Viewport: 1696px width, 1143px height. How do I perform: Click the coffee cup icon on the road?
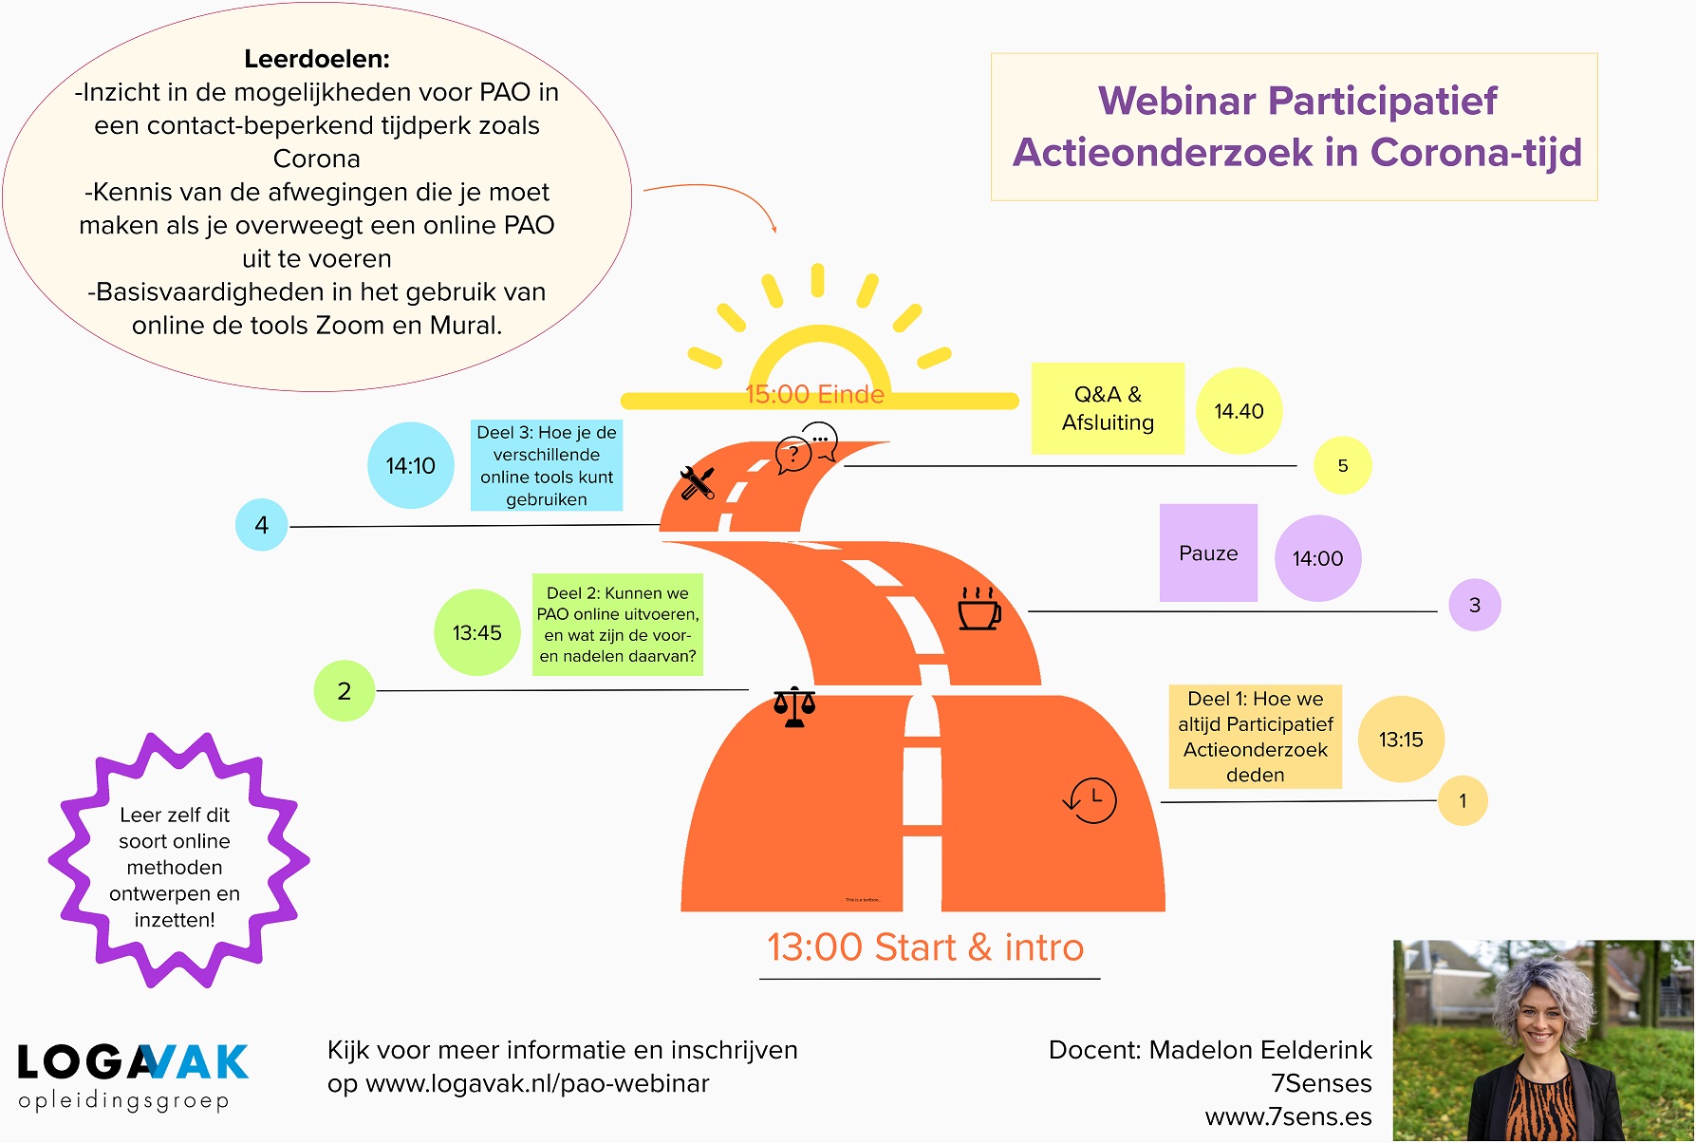click(x=979, y=609)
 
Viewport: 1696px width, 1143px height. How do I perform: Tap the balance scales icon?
click(x=794, y=707)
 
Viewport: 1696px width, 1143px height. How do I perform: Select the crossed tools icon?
click(x=698, y=483)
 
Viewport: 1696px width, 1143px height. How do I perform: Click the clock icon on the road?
click(x=1090, y=799)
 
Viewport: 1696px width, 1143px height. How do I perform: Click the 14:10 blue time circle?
click(x=410, y=466)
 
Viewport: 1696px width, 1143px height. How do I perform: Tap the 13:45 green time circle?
click(x=476, y=633)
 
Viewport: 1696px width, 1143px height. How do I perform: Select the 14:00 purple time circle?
click(x=1317, y=558)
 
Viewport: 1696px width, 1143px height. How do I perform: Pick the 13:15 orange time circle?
click(x=1401, y=740)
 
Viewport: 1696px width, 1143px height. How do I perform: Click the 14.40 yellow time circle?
click(x=1239, y=411)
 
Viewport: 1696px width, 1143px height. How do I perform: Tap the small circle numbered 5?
click(x=1342, y=466)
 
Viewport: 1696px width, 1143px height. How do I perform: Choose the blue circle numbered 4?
click(x=262, y=525)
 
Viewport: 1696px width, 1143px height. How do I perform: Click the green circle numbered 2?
click(x=345, y=691)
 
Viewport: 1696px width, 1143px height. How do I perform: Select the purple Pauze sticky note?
click(x=1208, y=553)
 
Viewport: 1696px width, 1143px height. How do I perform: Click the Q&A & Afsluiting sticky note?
click(x=1108, y=408)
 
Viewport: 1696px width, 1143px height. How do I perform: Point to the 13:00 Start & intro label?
click(x=925, y=947)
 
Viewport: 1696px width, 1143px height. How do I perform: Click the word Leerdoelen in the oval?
click(x=317, y=59)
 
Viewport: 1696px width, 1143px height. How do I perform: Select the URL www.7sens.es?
click(x=1288, y=1116)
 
